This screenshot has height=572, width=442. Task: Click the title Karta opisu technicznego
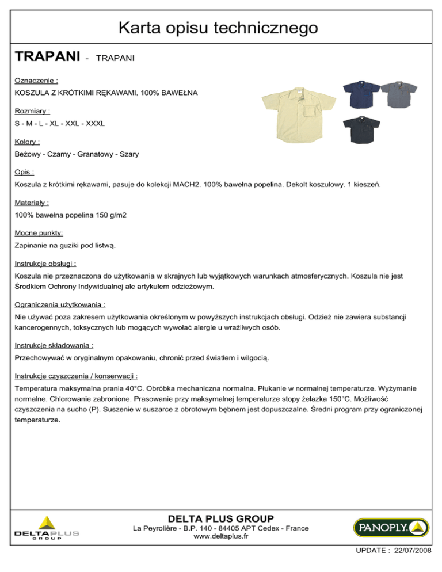point(221,26)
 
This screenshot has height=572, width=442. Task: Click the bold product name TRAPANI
point(47,57)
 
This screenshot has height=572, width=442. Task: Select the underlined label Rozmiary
point(32,111)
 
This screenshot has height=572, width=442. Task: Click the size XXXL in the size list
point(95,123)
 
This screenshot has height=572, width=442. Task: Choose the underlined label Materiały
point(32,202)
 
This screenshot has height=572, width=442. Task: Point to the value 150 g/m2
point(109,215)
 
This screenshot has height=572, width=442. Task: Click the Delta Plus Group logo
point(47,528)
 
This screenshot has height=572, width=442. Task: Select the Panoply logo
point(390,527)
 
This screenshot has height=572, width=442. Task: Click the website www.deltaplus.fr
point(221,536)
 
